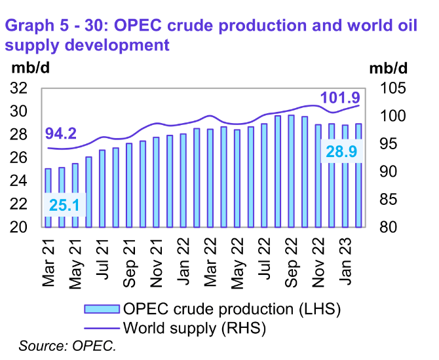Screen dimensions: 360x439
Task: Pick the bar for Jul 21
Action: tap(102, 189)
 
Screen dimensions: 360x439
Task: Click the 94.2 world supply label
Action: tap(61, 134)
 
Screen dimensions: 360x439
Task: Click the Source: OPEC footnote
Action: tap(66, 345)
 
